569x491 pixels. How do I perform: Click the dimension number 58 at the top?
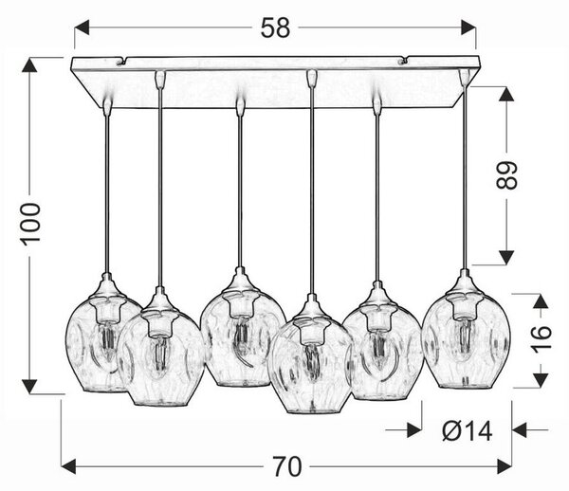[x=275, y=27]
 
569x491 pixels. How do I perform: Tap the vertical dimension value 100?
[x=30, y=225]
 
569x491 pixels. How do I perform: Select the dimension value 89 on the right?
[x=506, y=175]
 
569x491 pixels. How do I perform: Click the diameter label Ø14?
[x=468, y=431]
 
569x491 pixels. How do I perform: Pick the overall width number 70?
[x=287, y=466]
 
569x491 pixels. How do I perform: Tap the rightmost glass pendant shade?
[x=466, y=333]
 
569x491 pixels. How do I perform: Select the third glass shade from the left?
[x=243, y=330]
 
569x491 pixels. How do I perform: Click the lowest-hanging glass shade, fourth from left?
[x=311, y=357]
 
